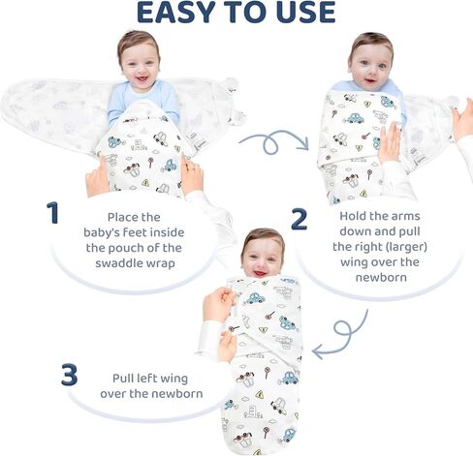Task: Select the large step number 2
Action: point(300,219)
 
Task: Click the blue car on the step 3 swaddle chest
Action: point(254,298)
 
